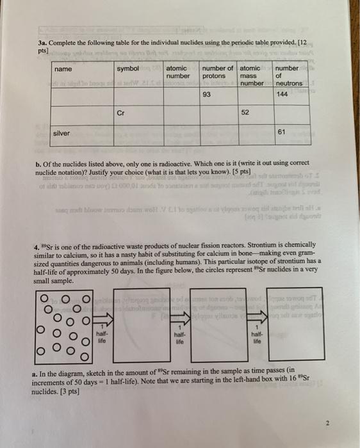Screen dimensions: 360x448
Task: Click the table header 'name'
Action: click(63, 69)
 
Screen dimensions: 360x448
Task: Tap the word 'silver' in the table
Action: click(62, 132)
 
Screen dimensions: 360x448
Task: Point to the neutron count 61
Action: click(281, 132)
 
